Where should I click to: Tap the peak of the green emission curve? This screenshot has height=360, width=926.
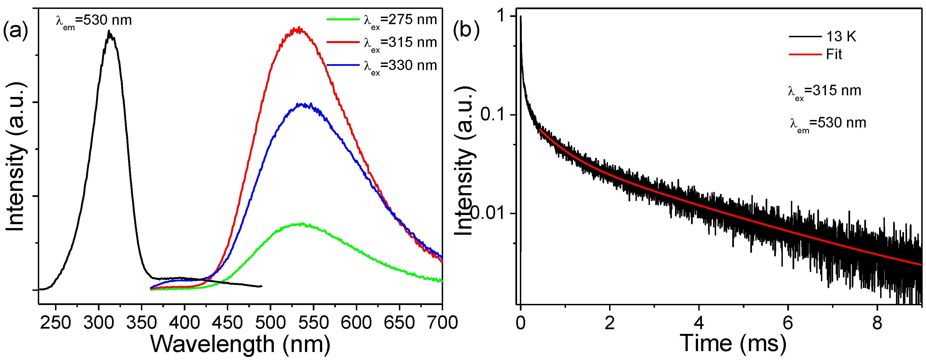pyautogui.click(x=301, y=224)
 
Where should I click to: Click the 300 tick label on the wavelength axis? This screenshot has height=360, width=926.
pyautogui.click(x=98, y=322)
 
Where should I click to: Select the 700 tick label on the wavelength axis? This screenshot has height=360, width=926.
pyautogui.click(x=442, y=322)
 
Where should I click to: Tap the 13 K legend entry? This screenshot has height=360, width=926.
pyautogui.click(x=823, y=37)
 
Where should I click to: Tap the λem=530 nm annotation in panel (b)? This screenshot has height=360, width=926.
pyautogui.click(x=828, y=124)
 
